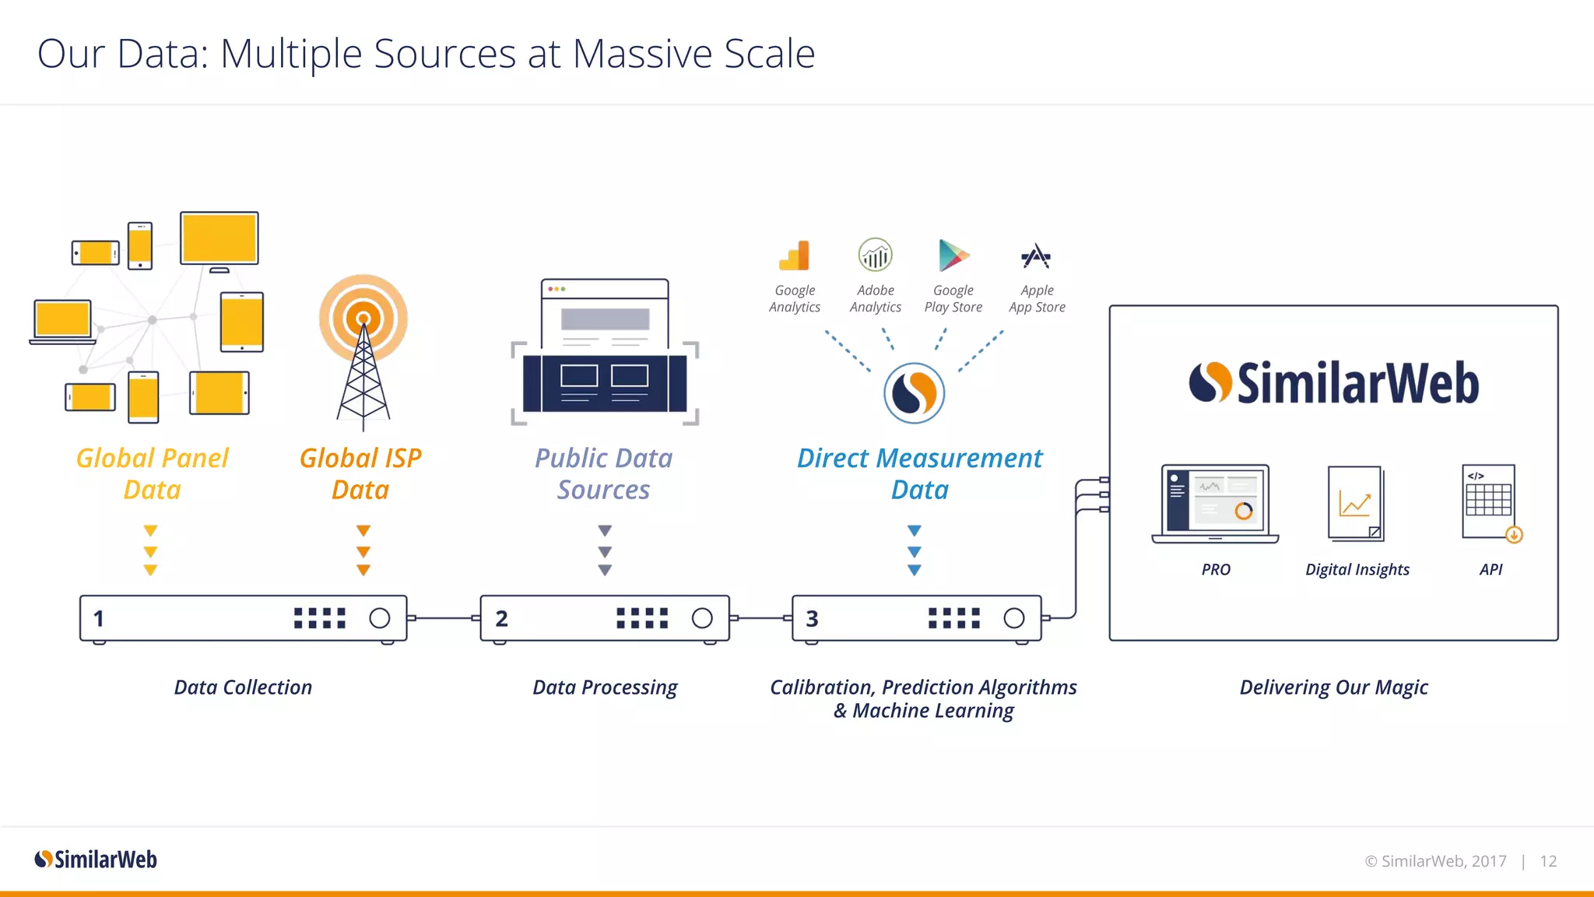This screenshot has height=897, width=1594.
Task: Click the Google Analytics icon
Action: point(795,256)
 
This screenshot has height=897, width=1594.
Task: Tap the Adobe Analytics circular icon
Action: point(875,255)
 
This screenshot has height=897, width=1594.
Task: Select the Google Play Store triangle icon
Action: point(953,255)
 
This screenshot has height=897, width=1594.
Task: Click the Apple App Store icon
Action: point(1036,256)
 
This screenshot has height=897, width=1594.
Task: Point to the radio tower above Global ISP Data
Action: point(363,350)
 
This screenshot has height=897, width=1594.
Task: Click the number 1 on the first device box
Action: point(99,619)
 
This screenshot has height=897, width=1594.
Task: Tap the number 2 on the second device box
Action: point(501,619)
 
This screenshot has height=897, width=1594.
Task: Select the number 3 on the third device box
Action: point(812,619)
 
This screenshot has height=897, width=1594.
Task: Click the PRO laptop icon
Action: point(1215,504)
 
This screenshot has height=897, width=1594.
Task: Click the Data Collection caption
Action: point(243,688)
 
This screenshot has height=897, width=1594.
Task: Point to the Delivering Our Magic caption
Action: point(1333,688)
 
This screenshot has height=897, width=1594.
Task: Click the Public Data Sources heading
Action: point(603,473)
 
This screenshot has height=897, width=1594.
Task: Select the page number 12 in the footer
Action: point(1548,861)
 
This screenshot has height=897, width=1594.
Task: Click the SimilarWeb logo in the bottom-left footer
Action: point(96,860)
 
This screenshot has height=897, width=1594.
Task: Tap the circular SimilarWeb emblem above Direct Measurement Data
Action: point(914,393)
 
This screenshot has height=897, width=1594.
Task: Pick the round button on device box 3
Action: point(1013,618)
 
